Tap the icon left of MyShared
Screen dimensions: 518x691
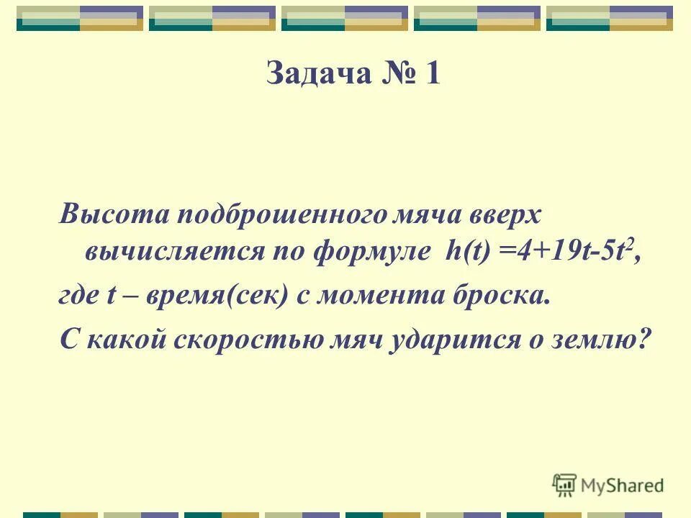pos(565,486)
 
